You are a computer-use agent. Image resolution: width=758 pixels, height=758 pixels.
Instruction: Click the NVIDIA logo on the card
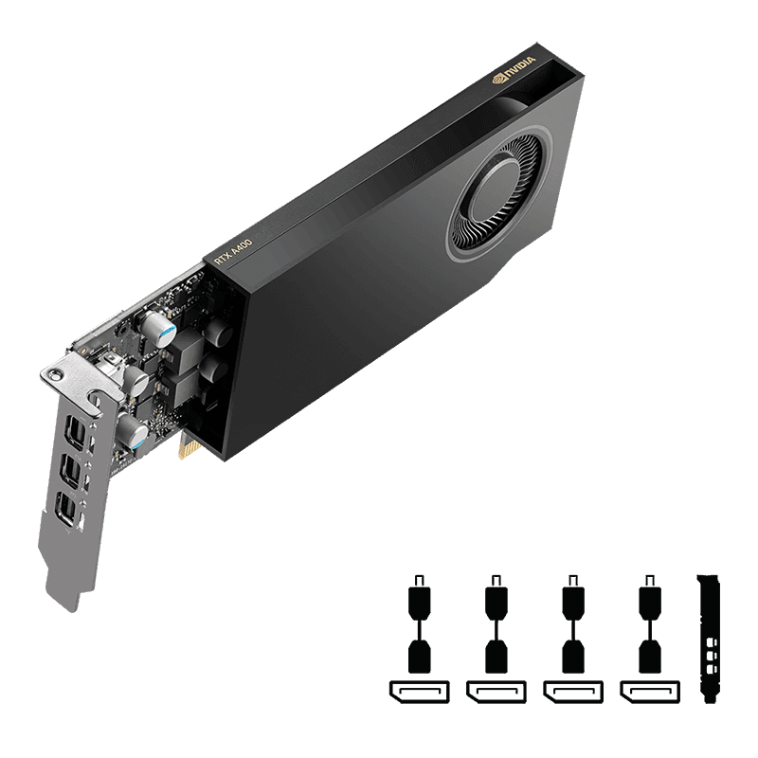(x=514, y=70)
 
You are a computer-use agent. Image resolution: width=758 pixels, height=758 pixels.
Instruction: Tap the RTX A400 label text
(x=233, y=252)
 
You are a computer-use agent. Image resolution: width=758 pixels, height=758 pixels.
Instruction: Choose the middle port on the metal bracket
(x=70, y=471)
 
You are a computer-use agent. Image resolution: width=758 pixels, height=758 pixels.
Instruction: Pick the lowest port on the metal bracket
(x=65, y=509)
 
